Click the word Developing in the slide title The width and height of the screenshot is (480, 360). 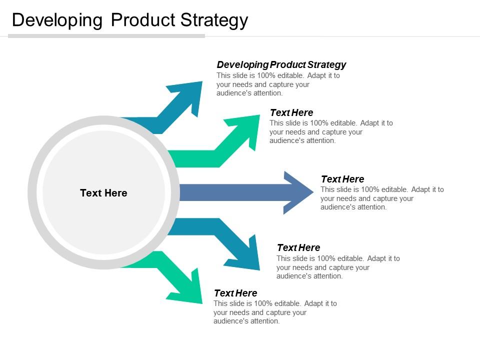[x=57, y=20]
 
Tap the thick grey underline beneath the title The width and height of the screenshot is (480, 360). [x=106, y=36]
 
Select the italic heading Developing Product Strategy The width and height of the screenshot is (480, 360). [x=281, y=64]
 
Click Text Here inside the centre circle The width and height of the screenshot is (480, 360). [x=103, y=193]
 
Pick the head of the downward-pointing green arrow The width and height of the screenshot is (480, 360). [x=190, y=290]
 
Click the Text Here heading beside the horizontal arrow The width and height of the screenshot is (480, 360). [x=342, y=179]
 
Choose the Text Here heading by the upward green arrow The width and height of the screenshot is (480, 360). [x=291, y=112]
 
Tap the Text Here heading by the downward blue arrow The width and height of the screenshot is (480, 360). [x=298, y=247]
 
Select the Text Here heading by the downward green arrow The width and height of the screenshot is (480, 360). [x=235, y=293]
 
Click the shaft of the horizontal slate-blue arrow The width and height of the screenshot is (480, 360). [x=230, y=192]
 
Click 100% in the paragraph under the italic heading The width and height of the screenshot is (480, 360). [x=260, y=76]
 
